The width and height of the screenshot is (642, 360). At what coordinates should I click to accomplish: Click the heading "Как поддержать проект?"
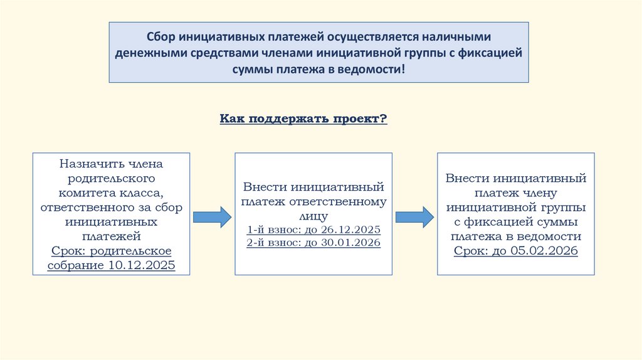pos(303,119)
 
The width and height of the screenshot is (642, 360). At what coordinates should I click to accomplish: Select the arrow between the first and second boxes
pos(211,217)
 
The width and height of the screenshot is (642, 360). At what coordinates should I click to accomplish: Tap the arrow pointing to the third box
pos(414,217)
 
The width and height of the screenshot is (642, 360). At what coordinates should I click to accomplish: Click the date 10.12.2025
pos(140,265)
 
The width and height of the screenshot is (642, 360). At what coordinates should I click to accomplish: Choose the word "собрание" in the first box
pos(75,265)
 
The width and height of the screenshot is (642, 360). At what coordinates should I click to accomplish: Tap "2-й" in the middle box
pos(255,243)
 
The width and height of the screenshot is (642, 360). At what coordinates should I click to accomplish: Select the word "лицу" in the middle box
pos(313,216)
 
